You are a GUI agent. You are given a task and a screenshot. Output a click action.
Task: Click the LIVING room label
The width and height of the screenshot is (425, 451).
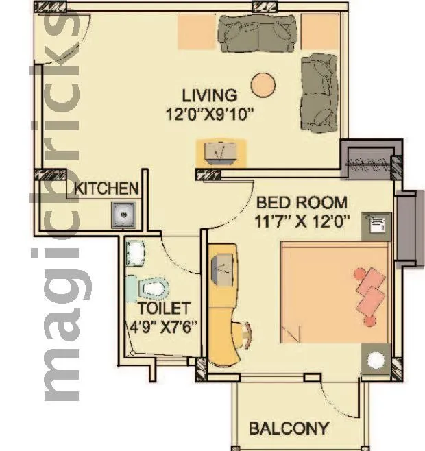209,95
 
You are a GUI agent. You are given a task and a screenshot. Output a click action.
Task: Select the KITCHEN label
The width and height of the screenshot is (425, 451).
106,188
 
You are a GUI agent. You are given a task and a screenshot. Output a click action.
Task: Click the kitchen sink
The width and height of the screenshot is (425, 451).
123,215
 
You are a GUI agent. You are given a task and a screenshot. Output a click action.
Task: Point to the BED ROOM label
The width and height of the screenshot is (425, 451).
302,203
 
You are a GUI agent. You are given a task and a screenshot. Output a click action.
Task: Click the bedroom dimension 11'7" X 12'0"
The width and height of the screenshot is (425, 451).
303,221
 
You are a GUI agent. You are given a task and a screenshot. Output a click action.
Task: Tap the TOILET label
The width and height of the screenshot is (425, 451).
163,308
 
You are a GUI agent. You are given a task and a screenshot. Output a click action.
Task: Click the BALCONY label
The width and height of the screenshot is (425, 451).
288,429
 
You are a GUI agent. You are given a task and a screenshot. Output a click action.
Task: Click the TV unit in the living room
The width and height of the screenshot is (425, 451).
221,151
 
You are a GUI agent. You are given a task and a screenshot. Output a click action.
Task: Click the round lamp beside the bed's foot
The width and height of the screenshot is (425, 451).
376,361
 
